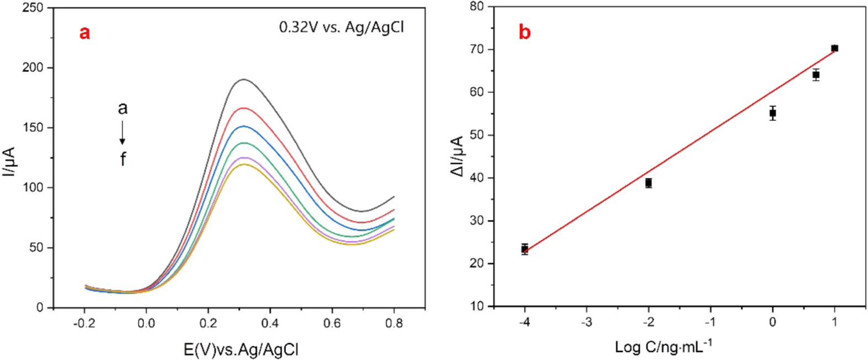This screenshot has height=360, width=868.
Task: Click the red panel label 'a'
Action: click(85, 33)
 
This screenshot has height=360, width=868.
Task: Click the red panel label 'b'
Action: click(524, 32)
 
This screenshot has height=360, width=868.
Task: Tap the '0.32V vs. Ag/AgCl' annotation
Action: click(341, 27)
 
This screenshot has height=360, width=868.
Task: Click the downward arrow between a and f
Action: click(122, 133)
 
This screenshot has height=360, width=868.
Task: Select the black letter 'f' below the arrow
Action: click(123, 159)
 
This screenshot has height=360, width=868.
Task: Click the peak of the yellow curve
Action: click(242, 164)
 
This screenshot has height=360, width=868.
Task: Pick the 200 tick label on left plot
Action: click(33, 67)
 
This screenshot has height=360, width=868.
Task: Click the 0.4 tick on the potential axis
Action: click(270, 323)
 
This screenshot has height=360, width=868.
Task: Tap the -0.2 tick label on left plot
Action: click(84, 323)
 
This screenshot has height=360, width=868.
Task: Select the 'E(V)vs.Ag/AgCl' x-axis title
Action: click(241, 349)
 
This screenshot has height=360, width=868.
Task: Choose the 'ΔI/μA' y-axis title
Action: click(458, 156)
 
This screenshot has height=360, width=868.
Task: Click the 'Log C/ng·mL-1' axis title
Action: click(663, 347)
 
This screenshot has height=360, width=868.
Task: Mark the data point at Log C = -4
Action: click(525, 249)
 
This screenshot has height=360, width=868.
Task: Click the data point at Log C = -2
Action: click(649, 183)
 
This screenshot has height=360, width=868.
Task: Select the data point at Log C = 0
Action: click(772, 113)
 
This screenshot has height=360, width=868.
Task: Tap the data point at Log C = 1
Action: click(834, 48)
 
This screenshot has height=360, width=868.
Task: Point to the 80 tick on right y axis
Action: click(477, 7)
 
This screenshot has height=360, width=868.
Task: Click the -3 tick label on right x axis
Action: click(586, 322)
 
